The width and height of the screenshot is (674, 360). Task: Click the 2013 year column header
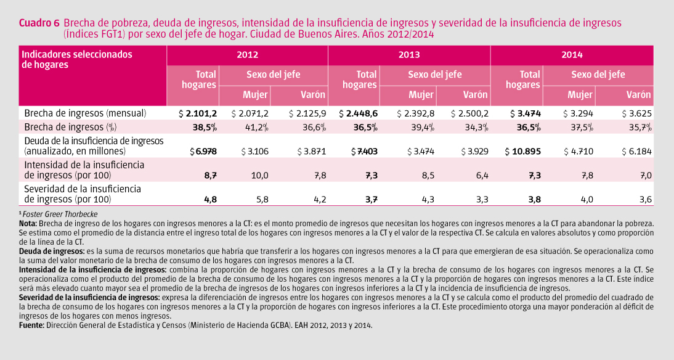click(409, 55)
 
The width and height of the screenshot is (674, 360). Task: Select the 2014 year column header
click(572, 55)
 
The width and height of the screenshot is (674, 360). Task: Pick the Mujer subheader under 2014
click(580, 95)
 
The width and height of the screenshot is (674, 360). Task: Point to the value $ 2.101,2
click(197, 113)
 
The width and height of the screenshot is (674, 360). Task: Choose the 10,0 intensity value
click(258, 176)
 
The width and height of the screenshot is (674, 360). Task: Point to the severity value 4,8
click(210, 199)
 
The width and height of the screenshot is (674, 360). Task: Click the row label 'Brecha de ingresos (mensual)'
click(85, 113)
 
